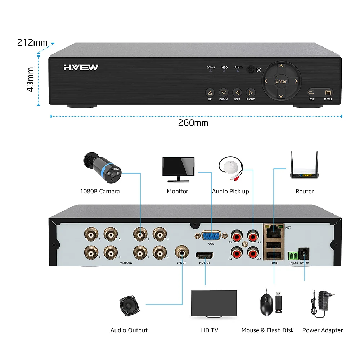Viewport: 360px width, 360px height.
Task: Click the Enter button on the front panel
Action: click(281, 81)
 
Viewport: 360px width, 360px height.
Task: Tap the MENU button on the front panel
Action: click(328, 93)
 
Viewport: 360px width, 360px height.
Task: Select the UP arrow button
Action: click(210, 93)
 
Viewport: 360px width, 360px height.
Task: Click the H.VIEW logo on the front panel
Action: click(81, 67)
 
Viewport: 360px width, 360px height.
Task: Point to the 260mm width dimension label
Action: click(193, 123)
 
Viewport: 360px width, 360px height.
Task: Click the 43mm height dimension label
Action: click(31, 79)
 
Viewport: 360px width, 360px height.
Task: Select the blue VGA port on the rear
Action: click(211, 236)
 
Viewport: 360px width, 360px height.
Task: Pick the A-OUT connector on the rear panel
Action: click(181, 252)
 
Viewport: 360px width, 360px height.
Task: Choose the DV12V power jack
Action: click(305, 253)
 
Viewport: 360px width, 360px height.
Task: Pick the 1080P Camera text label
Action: click(100, 191)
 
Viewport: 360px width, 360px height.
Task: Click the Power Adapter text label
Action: click(323, 330)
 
